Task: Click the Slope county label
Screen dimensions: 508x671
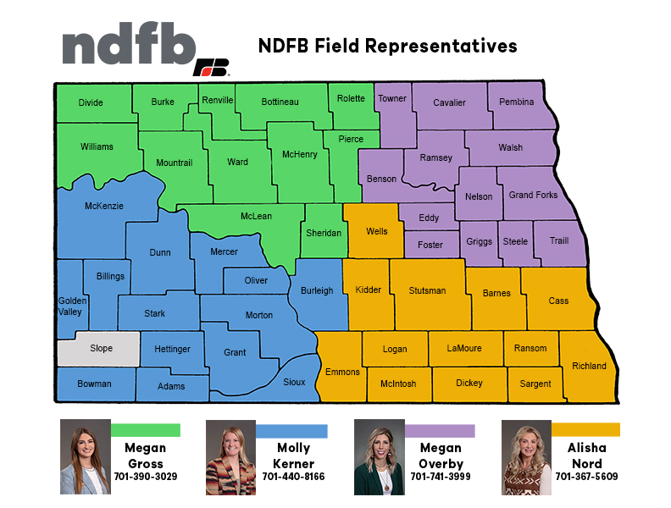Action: click(x=101, y=349)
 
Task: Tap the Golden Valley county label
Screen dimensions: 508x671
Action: click(x=70, y=306)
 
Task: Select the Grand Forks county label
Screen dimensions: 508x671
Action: click(x=533, y=196)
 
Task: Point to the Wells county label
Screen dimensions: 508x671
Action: click(x=377, y=231)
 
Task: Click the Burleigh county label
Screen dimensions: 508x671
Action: click(x=317, y=290)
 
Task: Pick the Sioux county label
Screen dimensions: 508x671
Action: click(x=294, y=383)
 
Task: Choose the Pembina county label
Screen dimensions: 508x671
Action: click(x=517, y=102)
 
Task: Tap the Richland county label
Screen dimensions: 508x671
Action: click(x=590, y=367)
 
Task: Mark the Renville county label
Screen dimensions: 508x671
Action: click(x=218, y=101)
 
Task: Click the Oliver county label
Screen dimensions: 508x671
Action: click(x=256, y=281)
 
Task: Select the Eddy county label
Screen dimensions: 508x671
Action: click(x=429, y=218)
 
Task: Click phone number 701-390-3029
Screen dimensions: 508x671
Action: click(x=145, y=477)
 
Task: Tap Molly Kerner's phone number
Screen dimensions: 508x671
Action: click(x=293, y=477)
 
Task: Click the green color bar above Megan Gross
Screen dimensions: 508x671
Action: click(x=145, y=430)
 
